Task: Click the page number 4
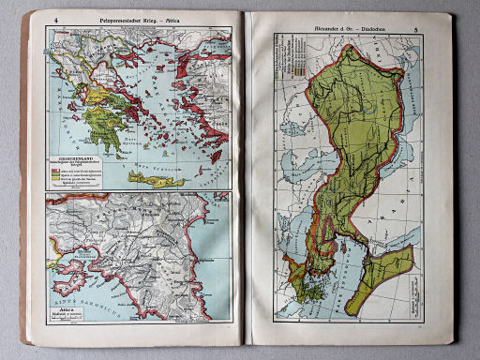pos(57,19)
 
